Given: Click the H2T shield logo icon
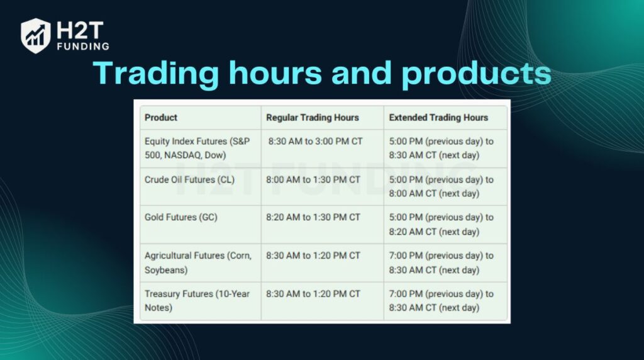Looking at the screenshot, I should [35, 35].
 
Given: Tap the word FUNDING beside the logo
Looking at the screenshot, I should [84, 46].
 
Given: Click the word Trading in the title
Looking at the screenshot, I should [155, 74].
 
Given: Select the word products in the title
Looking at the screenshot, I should [476, 74].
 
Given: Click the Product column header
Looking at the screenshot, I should [161, 117].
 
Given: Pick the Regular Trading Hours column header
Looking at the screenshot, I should [313, 117].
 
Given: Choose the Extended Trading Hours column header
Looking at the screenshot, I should [438, 117].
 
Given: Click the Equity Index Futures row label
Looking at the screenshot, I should [197, 148].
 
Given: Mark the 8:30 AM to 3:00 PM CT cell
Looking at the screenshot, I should [315, 141].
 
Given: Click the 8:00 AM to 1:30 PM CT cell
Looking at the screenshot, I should [313, 179].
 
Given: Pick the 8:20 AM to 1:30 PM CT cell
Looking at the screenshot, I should [313, 217].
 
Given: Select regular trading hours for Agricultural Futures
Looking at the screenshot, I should [313, 256].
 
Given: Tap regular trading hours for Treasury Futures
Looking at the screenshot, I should [313, 294].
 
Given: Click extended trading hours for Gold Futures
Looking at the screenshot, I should [441, 224].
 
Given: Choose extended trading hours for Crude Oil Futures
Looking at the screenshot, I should [441, 186].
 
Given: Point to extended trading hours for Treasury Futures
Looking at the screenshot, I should [441, 301].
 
